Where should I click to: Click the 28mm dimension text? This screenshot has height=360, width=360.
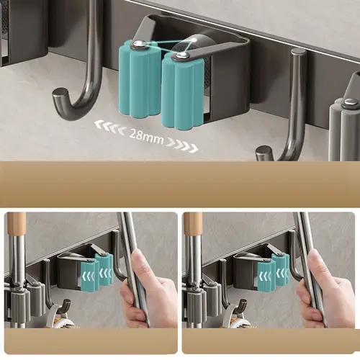pyautogui.click(x=146, y=137)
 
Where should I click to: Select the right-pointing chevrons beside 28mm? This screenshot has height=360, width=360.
pyautogui.click(x=183, y=145)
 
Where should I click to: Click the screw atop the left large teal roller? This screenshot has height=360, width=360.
pyautogui.click(x=138, y=43)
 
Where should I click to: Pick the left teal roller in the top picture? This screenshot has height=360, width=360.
pyautogui.click(x=139, y=79)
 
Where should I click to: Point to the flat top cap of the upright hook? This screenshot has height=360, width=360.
pyautogui.click(x=299, y=53)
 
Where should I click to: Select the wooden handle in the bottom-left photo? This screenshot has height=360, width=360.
pyautogui.click(x=17, y=224)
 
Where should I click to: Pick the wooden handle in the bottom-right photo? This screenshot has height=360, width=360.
pyautogui.click(x=194, y=224)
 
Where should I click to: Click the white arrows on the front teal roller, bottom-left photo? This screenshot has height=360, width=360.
pyautogui.click(x=89, y=277)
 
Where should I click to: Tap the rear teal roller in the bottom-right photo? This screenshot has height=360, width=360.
pyautogui.click(x=281, y=269)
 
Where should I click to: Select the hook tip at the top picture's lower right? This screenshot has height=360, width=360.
pyautogui.click(x=263, y=153)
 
